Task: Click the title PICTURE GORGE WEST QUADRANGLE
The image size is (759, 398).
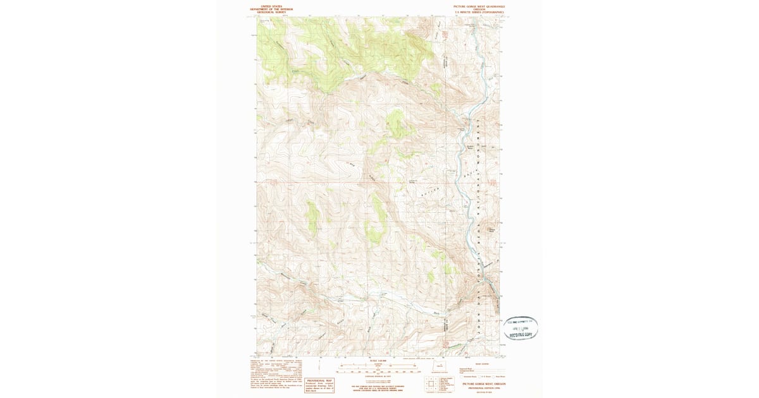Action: click(479, 6)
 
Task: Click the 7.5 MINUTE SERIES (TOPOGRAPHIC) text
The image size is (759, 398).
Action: click(479, 13)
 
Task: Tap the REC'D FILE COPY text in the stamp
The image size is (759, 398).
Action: click(521, 335)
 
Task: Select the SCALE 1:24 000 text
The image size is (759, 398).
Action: click(378, 361)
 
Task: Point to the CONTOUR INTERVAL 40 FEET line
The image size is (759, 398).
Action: click(378, 377)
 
